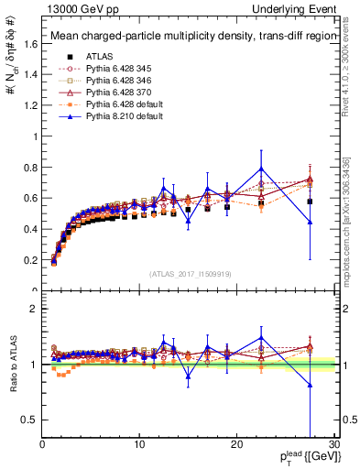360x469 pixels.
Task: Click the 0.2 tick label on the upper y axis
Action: coord(30,260)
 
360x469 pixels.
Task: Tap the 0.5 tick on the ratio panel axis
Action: coord(30,420)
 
